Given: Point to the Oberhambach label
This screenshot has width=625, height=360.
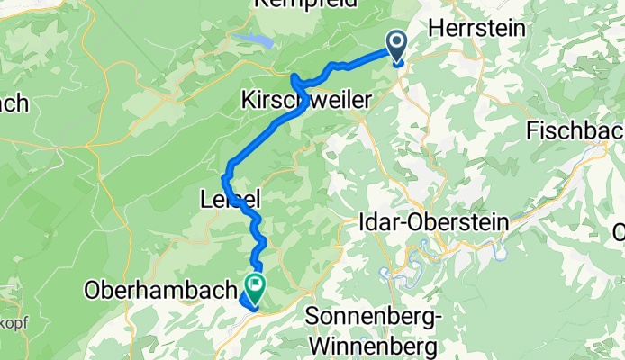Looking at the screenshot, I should (x=161, y=292).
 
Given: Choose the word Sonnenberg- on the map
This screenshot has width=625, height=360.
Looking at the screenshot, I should (x=372, y=317).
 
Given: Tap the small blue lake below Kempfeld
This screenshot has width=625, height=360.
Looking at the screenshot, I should (x=255, y=40).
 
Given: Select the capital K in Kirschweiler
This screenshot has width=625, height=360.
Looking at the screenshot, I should (x=249, y=103).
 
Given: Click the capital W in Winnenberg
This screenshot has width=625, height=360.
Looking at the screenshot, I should (x=320, y=345).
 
